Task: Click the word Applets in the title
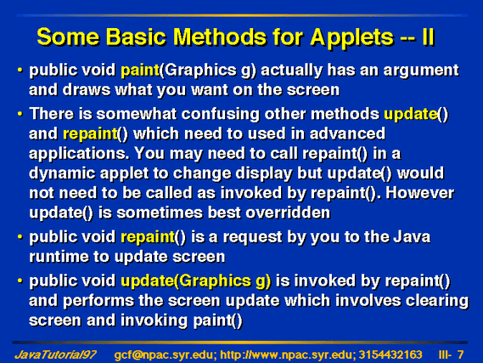tap(351, 37)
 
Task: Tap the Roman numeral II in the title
tap(428, 37)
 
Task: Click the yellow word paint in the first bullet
tap(139, 70)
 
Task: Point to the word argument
tap(421, 71)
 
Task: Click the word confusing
tap(220, 115)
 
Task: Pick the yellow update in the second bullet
tap(410, 115)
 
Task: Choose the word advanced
tap(347, 133)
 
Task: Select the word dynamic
tap(62, 173)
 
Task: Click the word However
tap(419, 193)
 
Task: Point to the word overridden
tap(288, 213)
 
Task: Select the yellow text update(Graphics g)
tap(195, 281)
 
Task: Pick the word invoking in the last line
tap(154, 320)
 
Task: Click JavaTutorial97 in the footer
tap(55, 355)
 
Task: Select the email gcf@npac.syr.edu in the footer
tap(163, 355)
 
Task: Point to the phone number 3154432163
tap(390, 355)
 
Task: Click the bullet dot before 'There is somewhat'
tap(20, 114)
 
